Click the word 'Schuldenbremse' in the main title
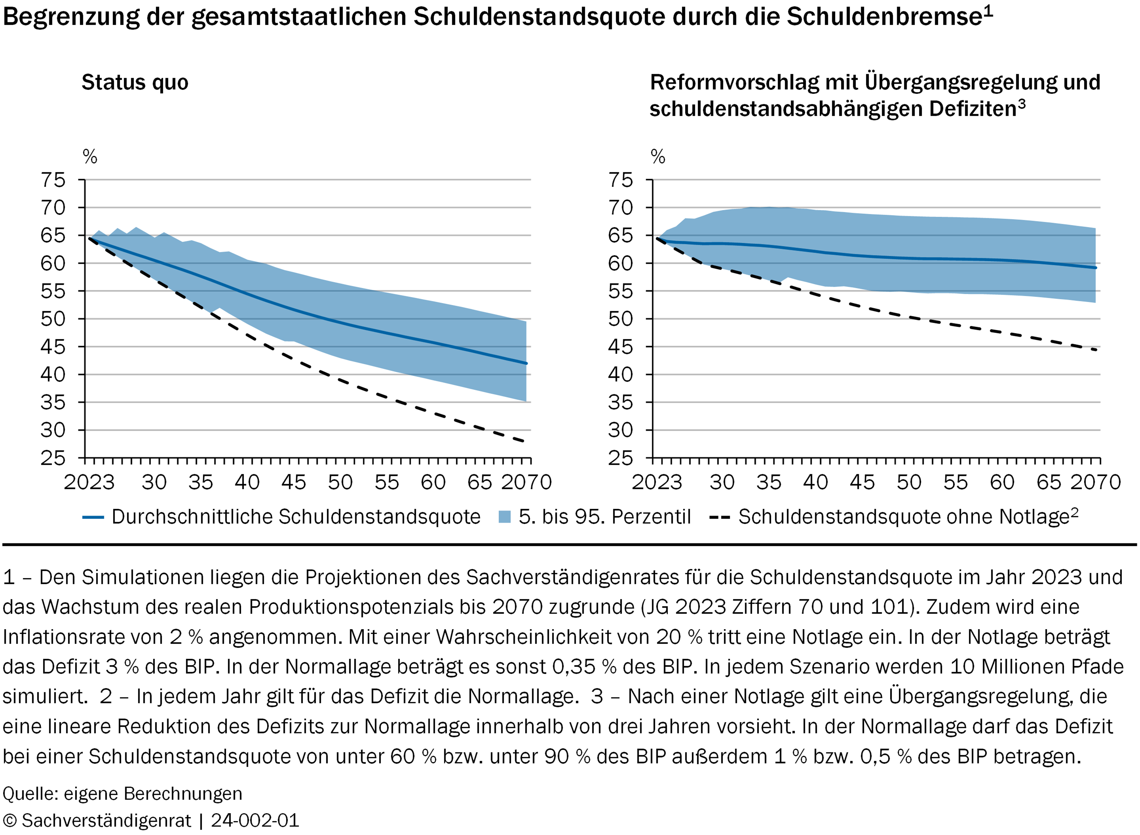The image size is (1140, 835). [884, 17]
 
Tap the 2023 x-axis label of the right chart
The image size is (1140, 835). [657, 482]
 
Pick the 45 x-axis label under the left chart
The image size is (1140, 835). [294, 482]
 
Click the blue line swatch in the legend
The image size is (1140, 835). [93, 517]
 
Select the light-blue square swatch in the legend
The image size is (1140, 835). [505, 517]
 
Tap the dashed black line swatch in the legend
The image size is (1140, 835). [720, 517]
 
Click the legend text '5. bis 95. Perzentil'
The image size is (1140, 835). [605, 517]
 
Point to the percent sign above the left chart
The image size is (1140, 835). [90, 157]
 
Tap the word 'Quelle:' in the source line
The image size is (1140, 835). [31, 794]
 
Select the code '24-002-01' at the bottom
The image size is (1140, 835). [255, 820]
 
